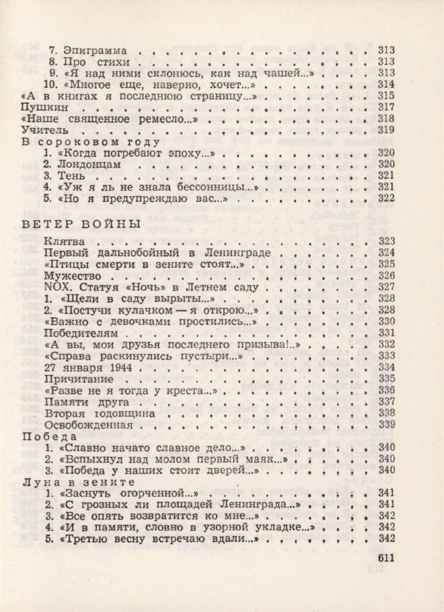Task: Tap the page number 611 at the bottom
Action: [381, 557]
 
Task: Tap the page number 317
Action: [385, 107]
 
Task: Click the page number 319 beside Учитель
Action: [385, 130]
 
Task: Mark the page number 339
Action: [385, 425]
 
